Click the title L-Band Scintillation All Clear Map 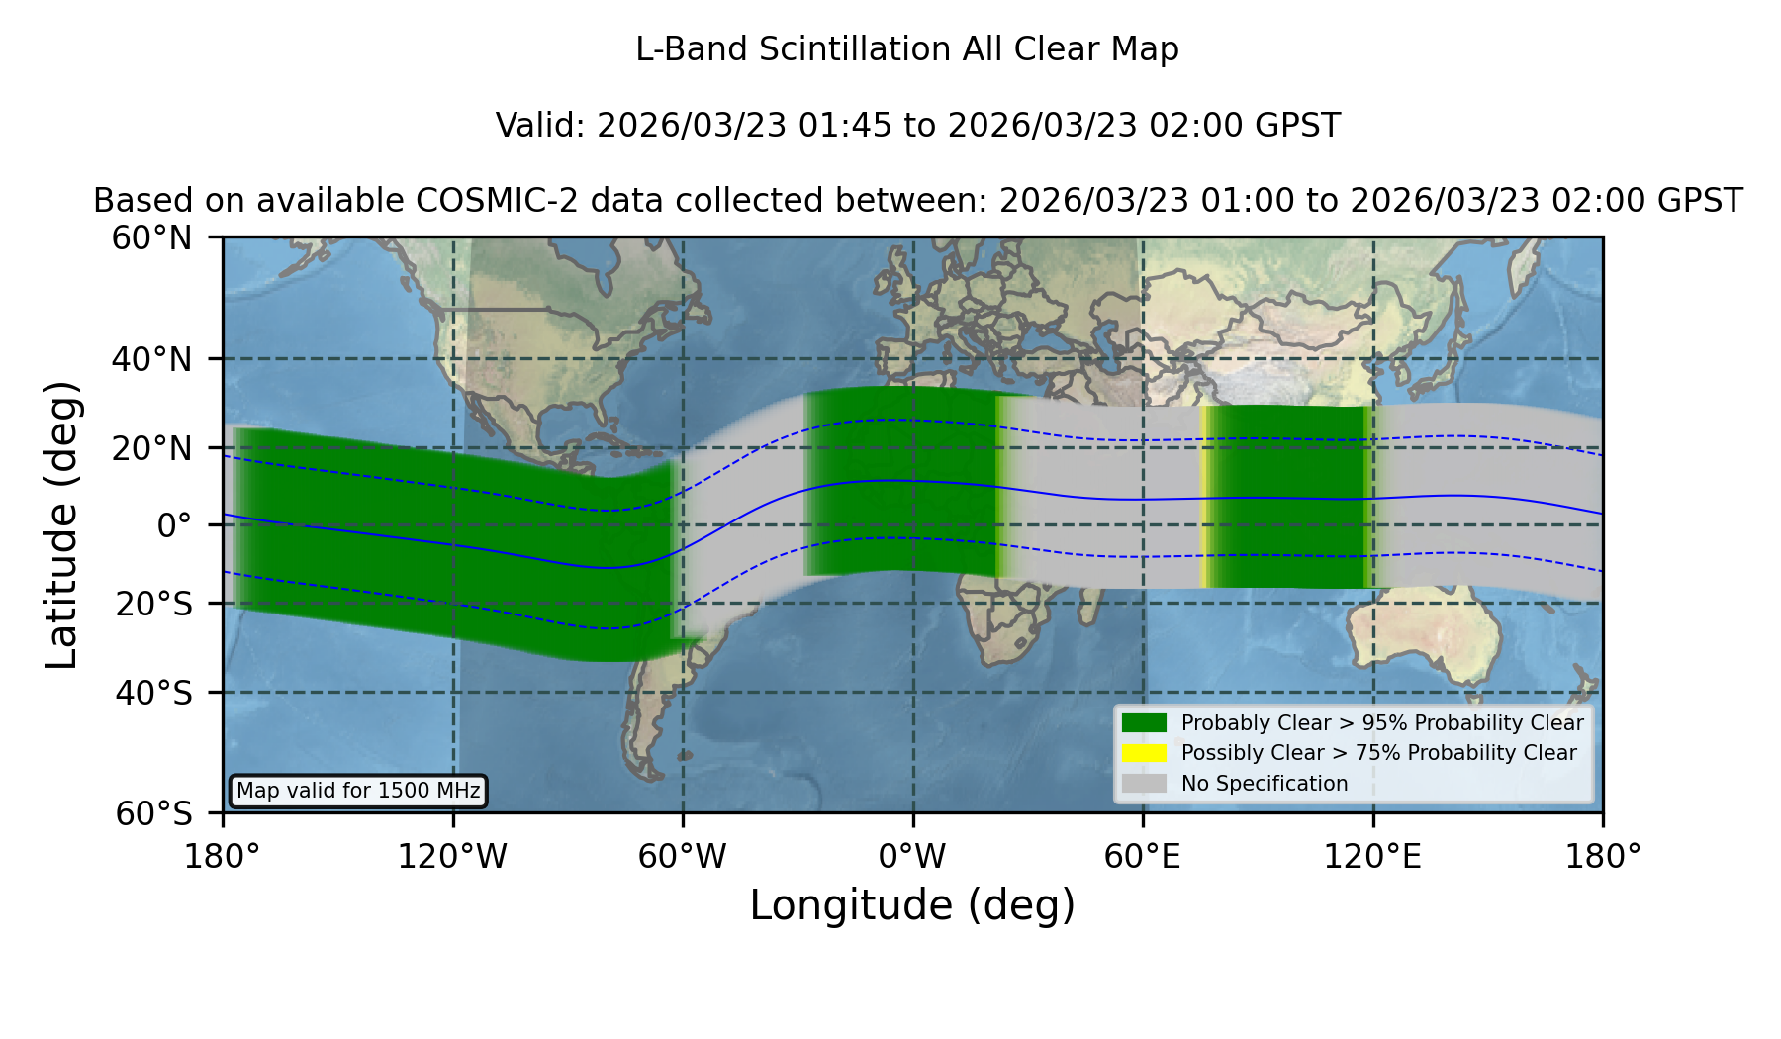point(906,49)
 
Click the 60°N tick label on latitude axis point(152,238)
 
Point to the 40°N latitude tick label point(152,359)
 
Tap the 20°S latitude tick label point(153,604)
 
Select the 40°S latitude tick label point(153,693)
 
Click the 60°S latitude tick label point(153,813)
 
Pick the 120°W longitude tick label point(452,857)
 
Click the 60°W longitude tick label point(683,857)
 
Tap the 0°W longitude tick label point(912,857)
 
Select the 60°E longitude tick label point(1143,857)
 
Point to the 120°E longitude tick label point(1372,857)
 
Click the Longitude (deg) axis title point(912,905)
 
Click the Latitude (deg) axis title point(62,524)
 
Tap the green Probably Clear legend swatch point(1145,723)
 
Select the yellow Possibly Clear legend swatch point(1145,753)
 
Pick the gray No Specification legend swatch point(1145,784)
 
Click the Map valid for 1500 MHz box point(358,791)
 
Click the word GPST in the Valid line point(1299,126)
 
